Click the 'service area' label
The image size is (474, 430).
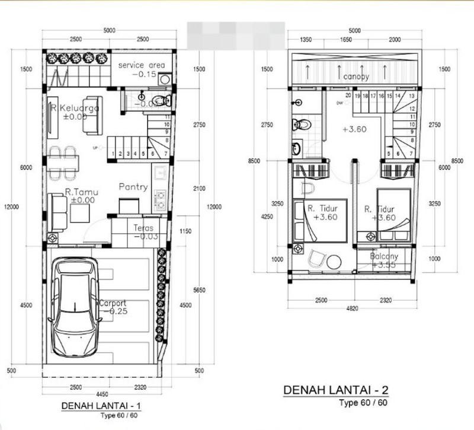pyautogui.click(x=141, y=65)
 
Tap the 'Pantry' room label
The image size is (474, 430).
pyautogui.click(x=133, y=187)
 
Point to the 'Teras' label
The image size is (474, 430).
pyautogui.click(x=143, y=227)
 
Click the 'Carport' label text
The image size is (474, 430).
pyautogui.click(x=113, y=302)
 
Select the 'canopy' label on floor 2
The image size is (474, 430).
pyautogui.click(x=353, y=77)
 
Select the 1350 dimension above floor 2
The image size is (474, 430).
pyautogui.click(x=306, y=40)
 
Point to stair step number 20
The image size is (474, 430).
pyautogui.click(x=348, y=95)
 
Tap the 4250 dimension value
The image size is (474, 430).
pyautogui.click(x=268, y=216)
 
